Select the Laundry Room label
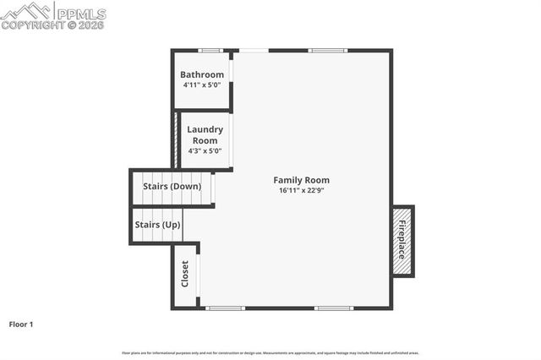(x=205, y=135)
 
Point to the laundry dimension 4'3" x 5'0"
(x=205, y=151)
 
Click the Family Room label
(x=301, y=179)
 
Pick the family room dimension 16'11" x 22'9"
(x=301, y=190)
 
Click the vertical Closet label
(x=185, y=273)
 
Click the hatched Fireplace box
(x=402, y=240)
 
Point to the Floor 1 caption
(x=22, y=324)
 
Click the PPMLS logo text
(x=81, y=13)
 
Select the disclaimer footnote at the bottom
(x=270, y=352)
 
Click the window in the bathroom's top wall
(x=210, y=51)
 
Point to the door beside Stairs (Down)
(x=213, y=188)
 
